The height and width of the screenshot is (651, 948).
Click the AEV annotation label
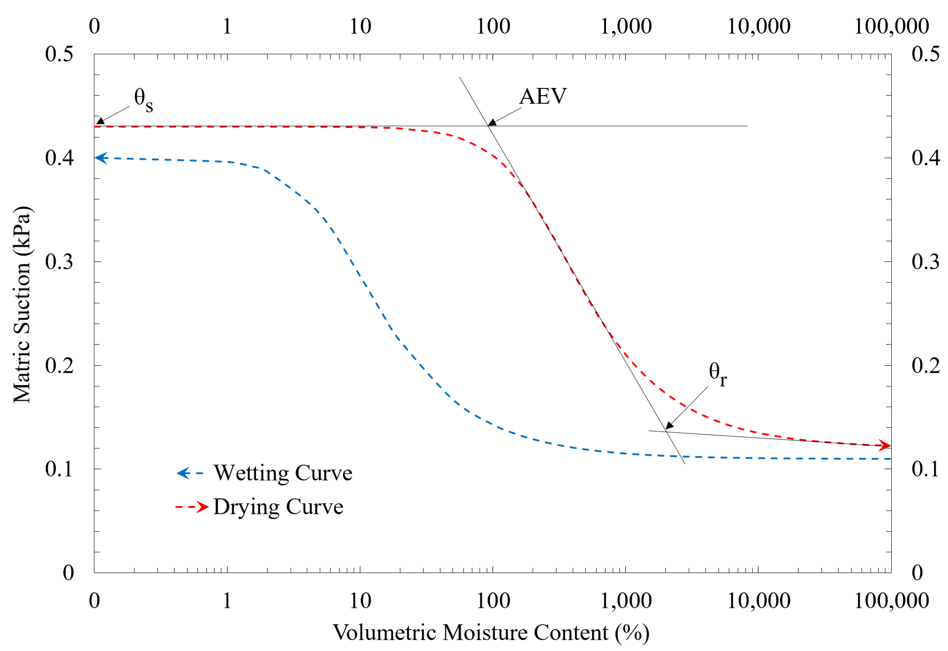point(543,97)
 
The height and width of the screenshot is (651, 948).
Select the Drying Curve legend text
point(278,507)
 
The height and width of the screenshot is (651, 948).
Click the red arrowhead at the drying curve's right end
point(884,445)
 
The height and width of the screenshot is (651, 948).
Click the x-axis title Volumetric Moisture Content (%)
point(491,633)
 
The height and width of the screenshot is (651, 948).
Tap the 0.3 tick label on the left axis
point(59,261)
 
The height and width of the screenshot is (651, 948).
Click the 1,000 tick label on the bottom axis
point(625,601)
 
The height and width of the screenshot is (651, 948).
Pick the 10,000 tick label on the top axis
point(759,26)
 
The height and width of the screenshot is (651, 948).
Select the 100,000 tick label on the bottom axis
point(891,601)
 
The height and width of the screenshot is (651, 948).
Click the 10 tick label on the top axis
point(360,26)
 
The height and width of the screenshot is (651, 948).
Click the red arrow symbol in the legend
point(202,507)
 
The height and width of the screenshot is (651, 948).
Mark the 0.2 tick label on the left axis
point(59,366)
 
